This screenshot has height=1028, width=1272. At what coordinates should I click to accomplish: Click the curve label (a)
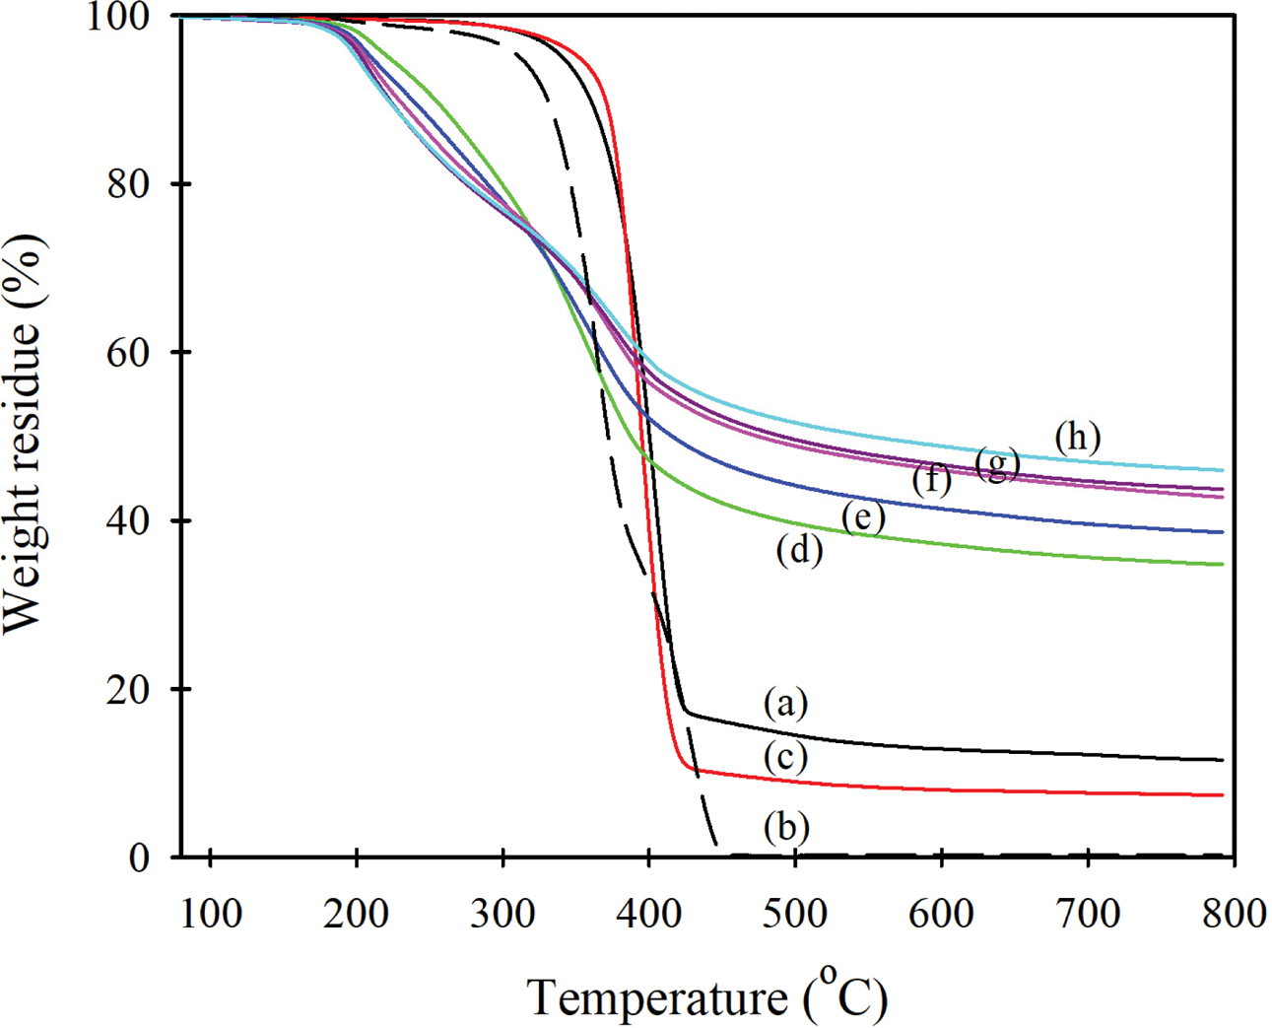[x=785, y=704]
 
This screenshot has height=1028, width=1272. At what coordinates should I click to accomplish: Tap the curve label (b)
[x=785, y=827]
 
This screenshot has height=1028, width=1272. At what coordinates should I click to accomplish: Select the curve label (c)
[x=785, y=757]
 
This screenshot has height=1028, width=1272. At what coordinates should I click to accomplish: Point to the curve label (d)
[x=798, y=550]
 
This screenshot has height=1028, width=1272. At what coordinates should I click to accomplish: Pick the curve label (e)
[x=862, y=517]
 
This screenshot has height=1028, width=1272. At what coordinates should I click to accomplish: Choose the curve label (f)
[x=931, y=480]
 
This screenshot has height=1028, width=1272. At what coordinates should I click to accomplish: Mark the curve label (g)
[x=996, y=463]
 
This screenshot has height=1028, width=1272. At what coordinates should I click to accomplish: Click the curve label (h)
[x=1077, y=437]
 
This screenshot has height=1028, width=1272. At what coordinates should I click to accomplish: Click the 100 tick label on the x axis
[x=211, y=914]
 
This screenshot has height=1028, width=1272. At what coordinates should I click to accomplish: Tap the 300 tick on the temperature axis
[x=502, y=914]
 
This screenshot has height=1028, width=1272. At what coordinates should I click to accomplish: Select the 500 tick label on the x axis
[x=795, y=914]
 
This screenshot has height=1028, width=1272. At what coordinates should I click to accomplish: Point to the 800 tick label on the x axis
[x=1234, y=914]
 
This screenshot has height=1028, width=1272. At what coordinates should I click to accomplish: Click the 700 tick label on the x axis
[x=1088, y=914]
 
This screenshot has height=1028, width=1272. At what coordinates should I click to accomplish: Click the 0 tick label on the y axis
[x=140, y=857]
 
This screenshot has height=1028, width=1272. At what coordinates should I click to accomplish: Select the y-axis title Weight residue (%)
[x=24, y=434]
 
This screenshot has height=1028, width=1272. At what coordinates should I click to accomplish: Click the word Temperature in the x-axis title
[x=657, y=997]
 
